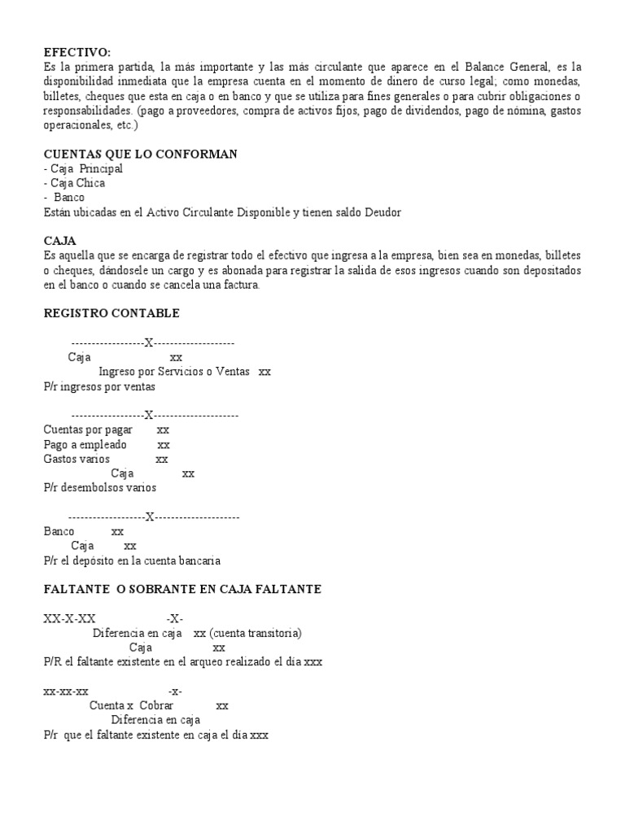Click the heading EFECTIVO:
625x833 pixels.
coord(77,51)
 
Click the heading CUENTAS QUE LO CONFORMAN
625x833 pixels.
coord(140,154)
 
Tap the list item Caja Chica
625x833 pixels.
coord(76,183)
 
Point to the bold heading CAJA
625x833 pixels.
coord(59,241)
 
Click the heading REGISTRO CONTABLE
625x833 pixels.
coord(111,313)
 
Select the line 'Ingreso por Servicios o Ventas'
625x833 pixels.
coord(173,372)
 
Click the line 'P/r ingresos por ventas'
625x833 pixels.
coord(99,386)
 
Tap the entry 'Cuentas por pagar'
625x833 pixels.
coord(88,430)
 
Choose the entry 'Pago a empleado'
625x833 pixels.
coord(85,445)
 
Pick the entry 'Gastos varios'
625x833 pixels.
coord(76,459)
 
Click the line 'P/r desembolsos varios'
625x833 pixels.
coord(99,488)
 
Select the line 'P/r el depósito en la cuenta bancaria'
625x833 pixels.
coord(132,561)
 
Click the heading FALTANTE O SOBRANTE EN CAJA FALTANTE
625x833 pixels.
coord(182,589)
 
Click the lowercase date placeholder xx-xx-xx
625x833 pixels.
coord(66,691)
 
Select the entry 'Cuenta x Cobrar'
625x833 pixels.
coord(131,705)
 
